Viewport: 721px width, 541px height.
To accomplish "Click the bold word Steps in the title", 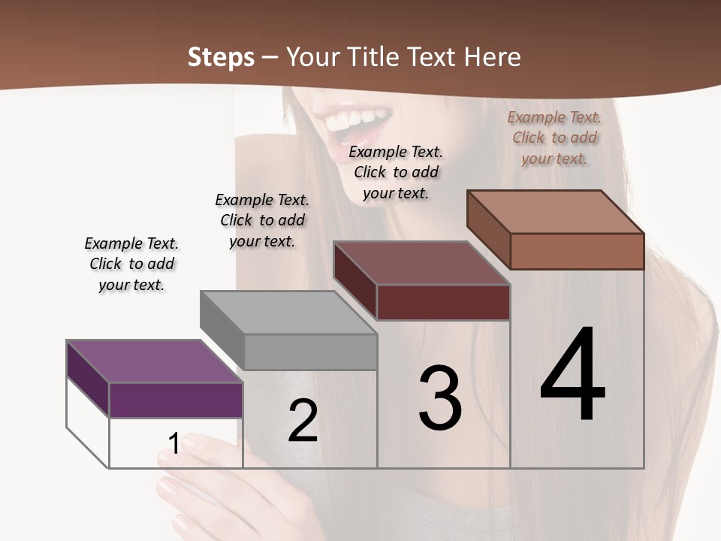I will coord(221,57).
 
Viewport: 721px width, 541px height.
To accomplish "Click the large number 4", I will coord(572,376).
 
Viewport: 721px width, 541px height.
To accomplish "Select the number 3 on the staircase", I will coord(440,398).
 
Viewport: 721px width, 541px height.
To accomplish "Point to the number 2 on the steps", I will coord(303,421).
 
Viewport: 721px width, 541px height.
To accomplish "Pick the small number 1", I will coord(173,443).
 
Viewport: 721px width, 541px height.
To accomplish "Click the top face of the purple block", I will coord(154,361).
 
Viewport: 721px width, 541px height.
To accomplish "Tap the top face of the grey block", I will coord(288,312).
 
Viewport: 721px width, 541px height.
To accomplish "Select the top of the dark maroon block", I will coord(422,263).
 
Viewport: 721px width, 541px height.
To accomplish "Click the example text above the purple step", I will coord(131,264).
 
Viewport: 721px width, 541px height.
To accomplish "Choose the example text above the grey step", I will coord(262,221).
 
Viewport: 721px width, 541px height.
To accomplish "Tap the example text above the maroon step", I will coord(396,172).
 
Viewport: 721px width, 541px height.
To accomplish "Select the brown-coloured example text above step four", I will coord(554,138).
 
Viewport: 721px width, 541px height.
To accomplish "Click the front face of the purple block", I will coord(176,400).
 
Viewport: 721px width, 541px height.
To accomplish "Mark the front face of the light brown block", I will coord(577,251).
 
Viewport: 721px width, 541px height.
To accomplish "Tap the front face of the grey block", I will coord(310,352).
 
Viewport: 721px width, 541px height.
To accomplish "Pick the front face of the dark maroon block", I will coord(443,302).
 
